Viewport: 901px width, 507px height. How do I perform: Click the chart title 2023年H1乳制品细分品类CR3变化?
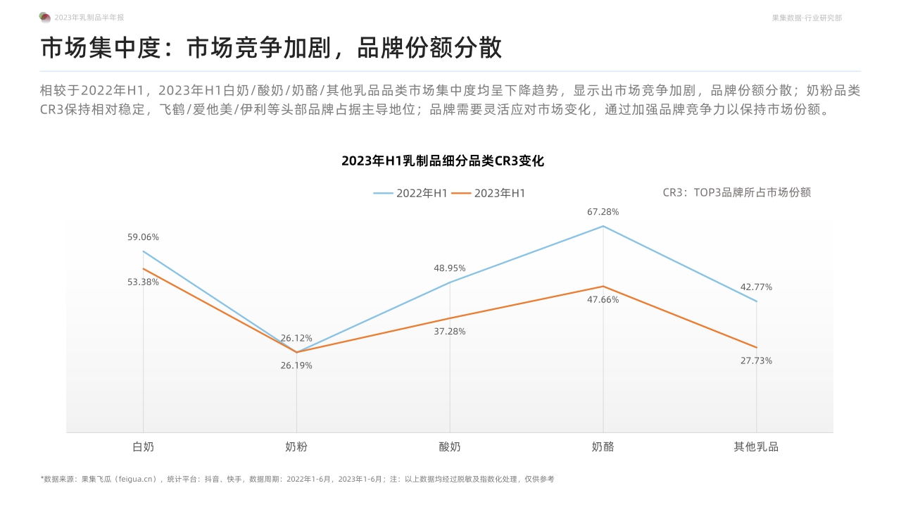coord(443,161)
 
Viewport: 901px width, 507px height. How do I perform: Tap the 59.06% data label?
coord(143,237)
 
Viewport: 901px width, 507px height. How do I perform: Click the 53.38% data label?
coord(143,282)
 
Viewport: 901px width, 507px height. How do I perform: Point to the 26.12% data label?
coord(296,339)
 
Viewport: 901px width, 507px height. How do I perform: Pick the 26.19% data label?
coord(296,365)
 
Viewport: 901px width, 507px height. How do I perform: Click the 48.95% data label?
coord(450,268)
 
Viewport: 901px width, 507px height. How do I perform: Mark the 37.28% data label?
coord(450,332)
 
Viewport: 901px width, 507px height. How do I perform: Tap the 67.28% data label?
coord(603,212)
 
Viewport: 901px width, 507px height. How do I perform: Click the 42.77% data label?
coord(756,287)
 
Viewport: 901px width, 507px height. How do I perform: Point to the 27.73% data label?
coord(756,361)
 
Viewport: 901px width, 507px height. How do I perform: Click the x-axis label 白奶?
coord(143,446)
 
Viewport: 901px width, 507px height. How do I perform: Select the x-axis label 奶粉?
coord(296,446)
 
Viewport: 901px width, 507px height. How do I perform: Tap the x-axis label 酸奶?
coord(450,446)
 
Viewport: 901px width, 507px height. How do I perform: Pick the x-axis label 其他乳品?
coord(756,446)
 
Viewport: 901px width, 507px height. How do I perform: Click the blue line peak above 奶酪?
coord(603,226)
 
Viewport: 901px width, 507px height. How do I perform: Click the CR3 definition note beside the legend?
coord(737,192)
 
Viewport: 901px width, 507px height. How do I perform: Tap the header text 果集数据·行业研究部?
coord(807,18)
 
